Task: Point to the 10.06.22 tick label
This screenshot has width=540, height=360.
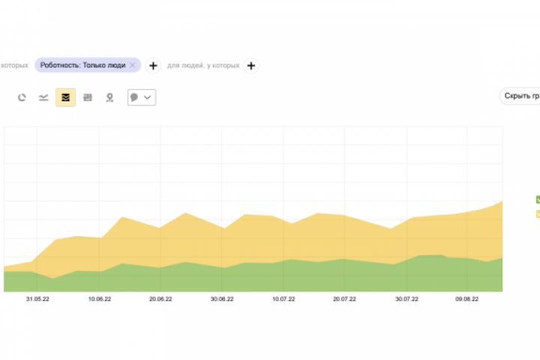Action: (99, 298)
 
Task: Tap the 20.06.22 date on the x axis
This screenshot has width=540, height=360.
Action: (160, 298)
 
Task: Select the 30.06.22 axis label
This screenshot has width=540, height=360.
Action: (222, 298)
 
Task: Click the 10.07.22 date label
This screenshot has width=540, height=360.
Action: (283, 298)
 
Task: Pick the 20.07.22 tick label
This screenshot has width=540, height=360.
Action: (343, 298)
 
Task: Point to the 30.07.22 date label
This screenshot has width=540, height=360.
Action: (406, 298)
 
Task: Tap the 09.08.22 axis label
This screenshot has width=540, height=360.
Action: (466, 298)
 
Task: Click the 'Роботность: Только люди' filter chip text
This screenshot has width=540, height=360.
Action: (82, 65)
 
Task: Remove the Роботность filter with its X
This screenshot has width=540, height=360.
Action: (133, 65)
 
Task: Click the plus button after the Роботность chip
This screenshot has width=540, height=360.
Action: (153, 65)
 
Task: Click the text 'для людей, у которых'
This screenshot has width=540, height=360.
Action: (203, 65)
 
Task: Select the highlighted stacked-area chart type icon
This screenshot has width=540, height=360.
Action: (65, 97)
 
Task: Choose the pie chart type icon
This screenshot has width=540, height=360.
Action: (22, 97)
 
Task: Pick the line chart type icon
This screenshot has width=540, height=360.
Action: (43, 97)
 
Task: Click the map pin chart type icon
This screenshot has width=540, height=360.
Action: (109, 97)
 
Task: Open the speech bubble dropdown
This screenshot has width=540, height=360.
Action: (142, 97)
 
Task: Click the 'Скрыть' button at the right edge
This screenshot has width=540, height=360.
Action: (520, 96)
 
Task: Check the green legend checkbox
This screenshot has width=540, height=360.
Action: (537, 199)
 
